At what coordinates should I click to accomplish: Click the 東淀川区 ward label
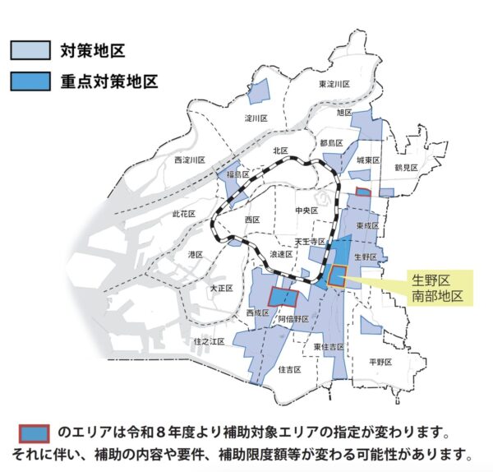pos(334,85)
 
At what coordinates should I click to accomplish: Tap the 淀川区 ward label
pos(257,118)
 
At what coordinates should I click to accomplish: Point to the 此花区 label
pos(183,214)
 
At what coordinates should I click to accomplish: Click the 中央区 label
pos(305,211)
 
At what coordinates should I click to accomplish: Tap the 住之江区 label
pos(209,340)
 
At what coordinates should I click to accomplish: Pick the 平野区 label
pos(381,362)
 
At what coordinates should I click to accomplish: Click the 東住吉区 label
pos(329,347)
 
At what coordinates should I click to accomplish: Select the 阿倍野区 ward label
pos(293,318)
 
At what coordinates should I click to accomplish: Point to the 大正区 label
pos(221,289)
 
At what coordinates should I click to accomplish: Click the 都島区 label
pos(331,143)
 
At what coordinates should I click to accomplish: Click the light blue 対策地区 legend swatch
pos(31,51)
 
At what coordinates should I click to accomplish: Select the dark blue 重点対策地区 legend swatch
pos(31,81)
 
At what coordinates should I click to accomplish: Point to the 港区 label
pos(196,255)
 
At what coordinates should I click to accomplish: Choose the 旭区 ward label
pos(344,112)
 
